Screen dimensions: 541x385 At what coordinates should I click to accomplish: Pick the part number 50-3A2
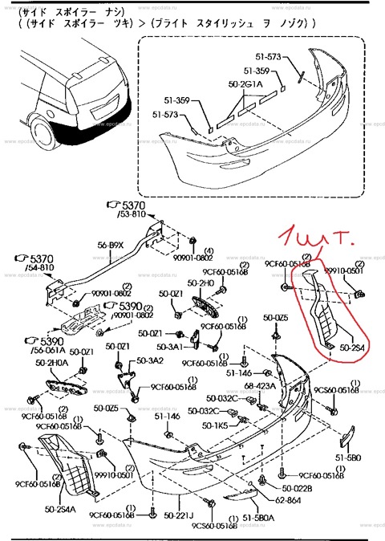pos(150,360)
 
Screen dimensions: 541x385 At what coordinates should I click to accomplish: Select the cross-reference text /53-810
pos(132,216)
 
